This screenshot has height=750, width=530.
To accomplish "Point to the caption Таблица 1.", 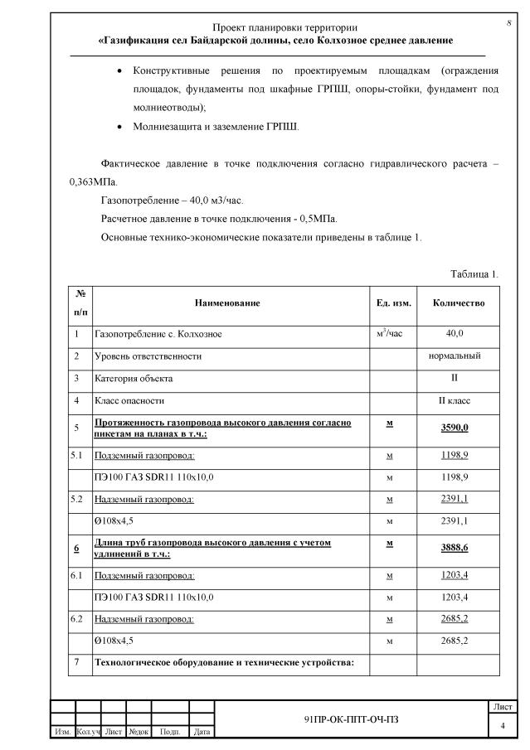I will (474, 273).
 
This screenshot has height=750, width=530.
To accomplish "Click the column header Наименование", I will (227, 303).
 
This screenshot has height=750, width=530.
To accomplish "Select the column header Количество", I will (459, 303).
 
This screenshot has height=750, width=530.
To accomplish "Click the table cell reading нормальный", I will (455, 356).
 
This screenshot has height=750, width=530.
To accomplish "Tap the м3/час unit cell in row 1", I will (389, 333).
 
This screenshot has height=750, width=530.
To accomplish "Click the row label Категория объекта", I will (134, 378).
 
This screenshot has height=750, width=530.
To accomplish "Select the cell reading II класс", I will (455, 400).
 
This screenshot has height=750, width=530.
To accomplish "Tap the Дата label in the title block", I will (201, 732).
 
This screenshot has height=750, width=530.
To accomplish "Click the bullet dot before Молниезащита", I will (123, 127).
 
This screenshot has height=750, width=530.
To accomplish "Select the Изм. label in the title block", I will (62, 732).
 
